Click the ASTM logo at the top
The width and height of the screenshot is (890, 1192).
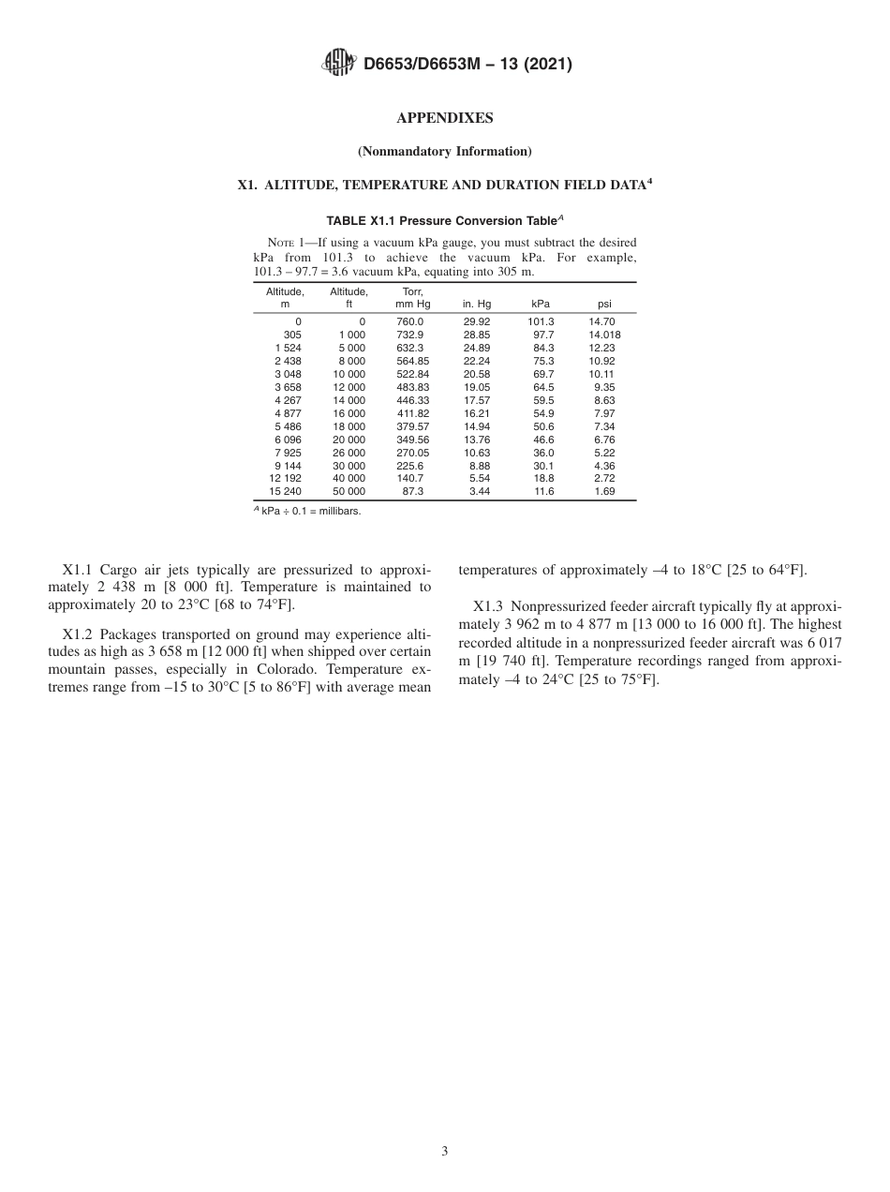338,64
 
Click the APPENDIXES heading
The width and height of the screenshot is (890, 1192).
445,118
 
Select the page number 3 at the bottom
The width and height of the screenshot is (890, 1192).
445,1152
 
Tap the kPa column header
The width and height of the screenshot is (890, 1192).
541,305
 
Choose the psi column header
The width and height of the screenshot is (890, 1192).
604,305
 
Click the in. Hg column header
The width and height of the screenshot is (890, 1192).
477,305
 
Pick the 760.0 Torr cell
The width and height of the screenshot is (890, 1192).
410,321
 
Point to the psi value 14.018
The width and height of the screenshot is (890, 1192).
604,335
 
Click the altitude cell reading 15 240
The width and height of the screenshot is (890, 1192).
286,491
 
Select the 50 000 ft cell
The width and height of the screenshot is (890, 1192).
349,491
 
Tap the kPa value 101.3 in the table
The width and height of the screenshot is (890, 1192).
541,321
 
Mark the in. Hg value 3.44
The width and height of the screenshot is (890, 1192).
480,491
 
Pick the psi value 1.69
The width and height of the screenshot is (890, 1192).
605,491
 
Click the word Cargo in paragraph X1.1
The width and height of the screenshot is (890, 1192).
118,570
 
